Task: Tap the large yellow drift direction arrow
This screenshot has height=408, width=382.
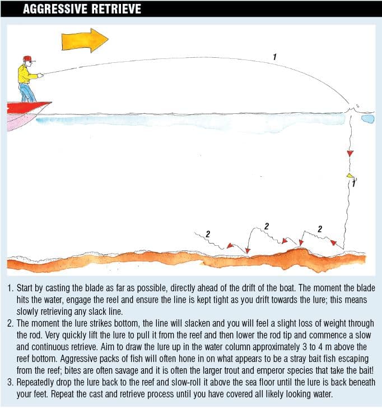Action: pos(85,40)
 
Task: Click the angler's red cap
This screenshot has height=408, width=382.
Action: pos(27,58)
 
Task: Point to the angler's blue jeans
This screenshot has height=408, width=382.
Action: pos(26,91)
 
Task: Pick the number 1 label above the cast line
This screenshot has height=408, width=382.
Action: pos(274,56)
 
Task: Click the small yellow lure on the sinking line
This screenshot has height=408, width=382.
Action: pos(350,176)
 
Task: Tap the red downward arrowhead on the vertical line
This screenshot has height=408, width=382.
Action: pos(350,153)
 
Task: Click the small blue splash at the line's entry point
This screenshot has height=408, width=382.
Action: pos(367,118)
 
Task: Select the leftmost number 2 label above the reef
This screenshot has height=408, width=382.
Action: pos(208,233)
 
